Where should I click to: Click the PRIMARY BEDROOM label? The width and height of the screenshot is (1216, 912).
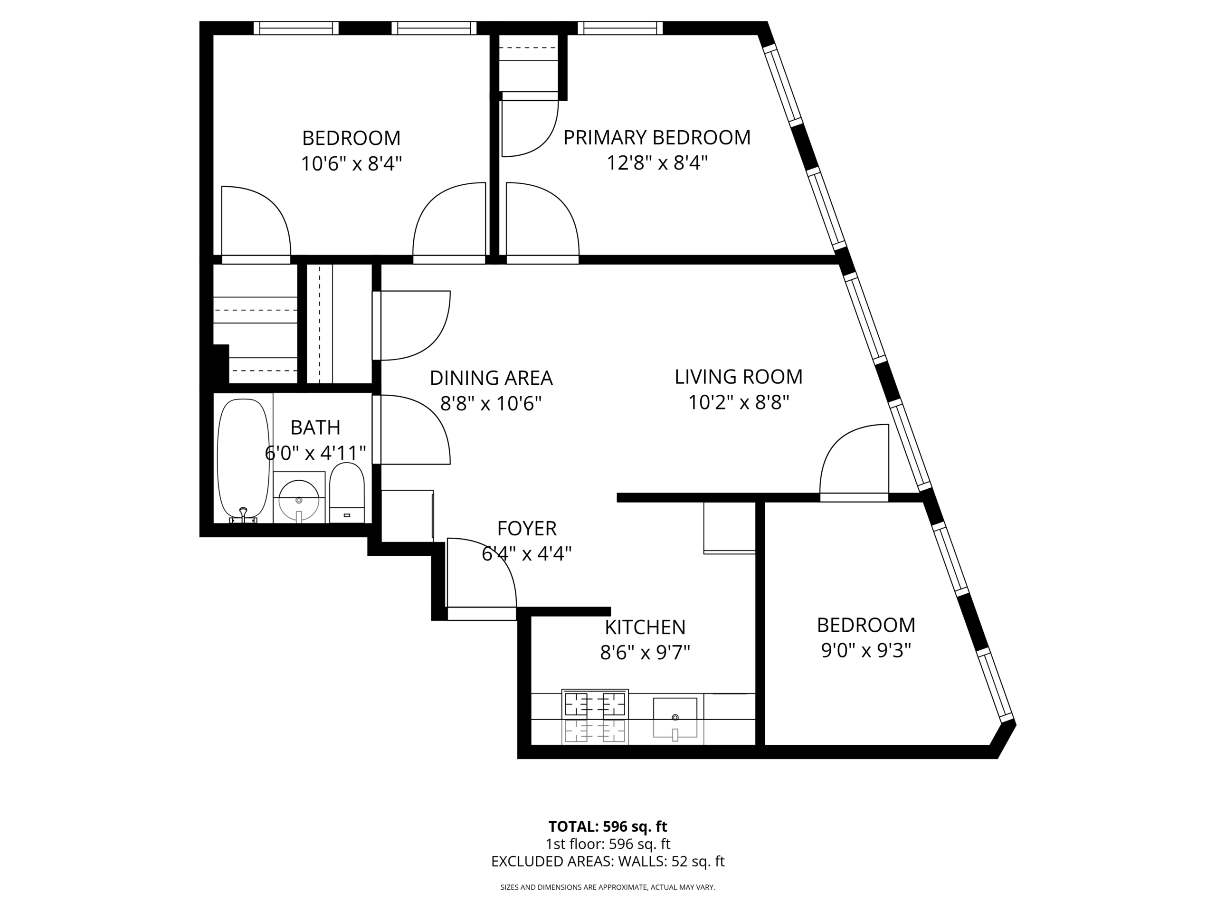point(656,137)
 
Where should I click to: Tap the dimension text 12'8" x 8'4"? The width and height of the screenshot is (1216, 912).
point(656,163)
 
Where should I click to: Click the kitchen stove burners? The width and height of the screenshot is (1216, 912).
point(595,704)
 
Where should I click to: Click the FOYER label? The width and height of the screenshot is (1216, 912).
point(527,528)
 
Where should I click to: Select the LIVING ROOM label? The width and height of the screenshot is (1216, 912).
point(738,377)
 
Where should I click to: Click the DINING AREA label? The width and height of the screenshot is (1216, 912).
point(491,378)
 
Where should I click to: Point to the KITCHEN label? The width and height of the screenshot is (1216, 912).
point(645,627)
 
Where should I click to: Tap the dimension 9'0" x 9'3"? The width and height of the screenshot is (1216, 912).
point(866,651)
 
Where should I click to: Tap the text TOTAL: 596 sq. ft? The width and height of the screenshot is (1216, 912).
point(608,826)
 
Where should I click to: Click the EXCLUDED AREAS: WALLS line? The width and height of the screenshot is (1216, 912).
point(608,862)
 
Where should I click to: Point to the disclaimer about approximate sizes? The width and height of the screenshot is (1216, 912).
point(608,887)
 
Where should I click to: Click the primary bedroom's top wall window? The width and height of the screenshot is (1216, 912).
point(619,28)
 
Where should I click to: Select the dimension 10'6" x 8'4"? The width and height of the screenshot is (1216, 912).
point(351,164)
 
